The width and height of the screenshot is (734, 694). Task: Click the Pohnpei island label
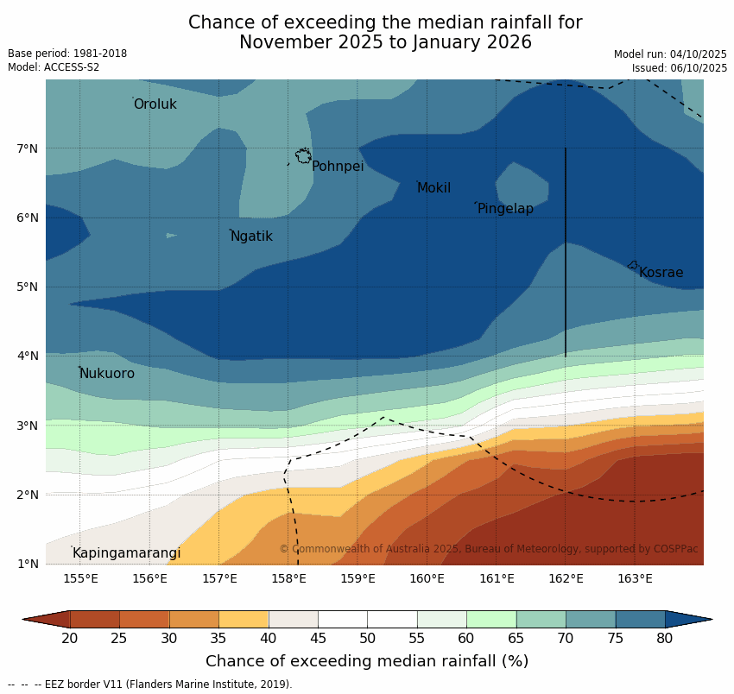pos(337,167)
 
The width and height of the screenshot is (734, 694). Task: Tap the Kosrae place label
pos(661,273)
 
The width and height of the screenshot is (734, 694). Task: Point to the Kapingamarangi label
pos(126,553)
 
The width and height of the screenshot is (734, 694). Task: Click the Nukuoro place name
pos(106,374)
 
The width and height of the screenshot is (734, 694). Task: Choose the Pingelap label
pos(505,209)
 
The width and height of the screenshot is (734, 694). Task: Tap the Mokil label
pos(433,188)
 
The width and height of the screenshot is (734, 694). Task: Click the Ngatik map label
pos(251,237)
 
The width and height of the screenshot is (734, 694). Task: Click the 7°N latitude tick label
pos(27,149)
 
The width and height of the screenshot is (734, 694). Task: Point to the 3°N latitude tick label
pos(27,426)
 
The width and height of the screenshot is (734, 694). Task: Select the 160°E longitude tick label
pos(427,578)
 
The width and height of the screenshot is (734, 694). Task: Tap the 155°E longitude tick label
pos(80,578)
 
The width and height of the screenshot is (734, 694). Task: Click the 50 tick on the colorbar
pos(367,639)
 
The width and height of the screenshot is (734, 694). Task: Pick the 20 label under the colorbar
pos(70,639)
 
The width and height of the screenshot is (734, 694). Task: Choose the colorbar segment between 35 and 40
pos(244,619)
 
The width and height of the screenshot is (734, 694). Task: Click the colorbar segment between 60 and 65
pos(491,619)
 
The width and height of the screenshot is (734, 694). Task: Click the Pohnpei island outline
pos(303,156)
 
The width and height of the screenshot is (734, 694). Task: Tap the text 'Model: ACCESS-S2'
pos(54,67)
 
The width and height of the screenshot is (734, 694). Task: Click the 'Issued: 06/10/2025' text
pos(679,67)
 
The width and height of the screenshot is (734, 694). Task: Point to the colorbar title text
pos(367,661)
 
